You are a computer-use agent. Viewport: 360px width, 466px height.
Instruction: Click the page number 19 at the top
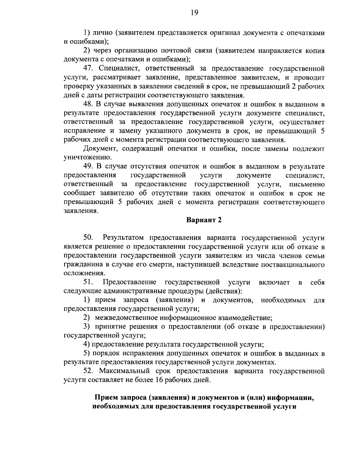194,13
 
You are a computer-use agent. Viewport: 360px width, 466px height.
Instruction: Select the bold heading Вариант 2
204,220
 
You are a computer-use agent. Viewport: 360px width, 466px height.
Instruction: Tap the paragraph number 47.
89,68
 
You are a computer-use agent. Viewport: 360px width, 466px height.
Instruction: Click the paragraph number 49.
89,166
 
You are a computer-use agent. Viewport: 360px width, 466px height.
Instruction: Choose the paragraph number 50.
88,238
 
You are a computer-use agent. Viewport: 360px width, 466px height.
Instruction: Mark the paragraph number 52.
89,371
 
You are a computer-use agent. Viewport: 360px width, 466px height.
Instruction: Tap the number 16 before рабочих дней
158,380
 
